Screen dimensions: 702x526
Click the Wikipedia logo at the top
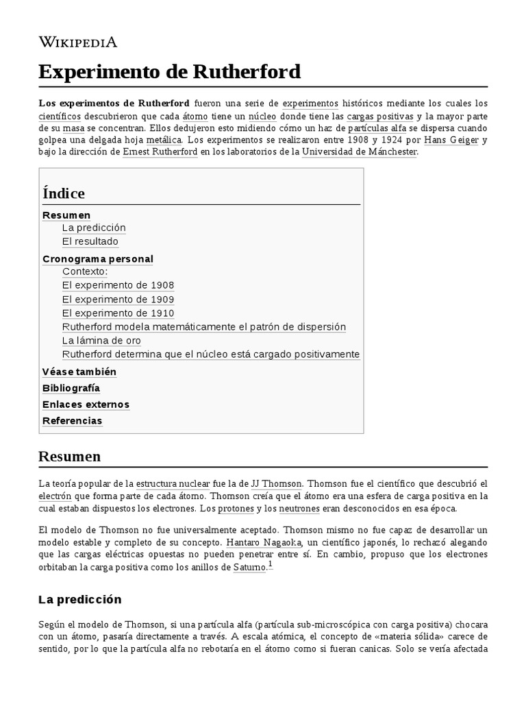pos(77,42)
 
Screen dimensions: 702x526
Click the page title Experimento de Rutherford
pos(169,71)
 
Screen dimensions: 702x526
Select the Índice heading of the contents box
pos(64,193)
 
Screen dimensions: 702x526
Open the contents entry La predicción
pos(94,228)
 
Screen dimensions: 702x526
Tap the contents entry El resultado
pos(90,241)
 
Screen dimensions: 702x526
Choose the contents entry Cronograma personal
pos(98,258)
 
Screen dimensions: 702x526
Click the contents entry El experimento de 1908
pos(118,285)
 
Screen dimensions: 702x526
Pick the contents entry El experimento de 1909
pos(118,300)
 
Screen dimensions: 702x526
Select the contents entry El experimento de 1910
pos(118,313)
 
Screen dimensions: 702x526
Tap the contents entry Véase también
pos(79,372)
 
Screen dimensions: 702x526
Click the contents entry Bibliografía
pos(71,388)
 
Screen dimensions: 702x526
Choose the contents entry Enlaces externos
pos(86,404)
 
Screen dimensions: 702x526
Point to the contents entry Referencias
pos(73,421)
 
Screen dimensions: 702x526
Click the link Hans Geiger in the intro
pos(451,141)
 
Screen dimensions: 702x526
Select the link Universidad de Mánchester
pos(359,152)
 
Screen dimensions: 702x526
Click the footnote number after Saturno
pos(271,564)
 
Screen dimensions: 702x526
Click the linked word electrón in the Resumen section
pos(55,496)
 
